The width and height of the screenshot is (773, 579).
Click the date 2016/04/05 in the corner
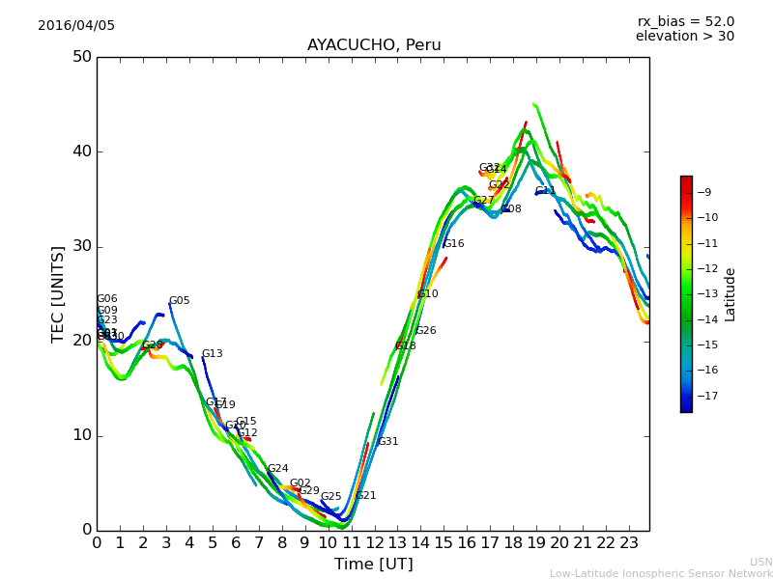pyautogui.click(x=76, y=26)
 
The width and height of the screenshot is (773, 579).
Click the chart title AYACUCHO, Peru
pyautogui.click(x=374, y=45)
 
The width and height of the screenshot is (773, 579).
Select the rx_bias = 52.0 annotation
pyautogui.click(x=685, y=22)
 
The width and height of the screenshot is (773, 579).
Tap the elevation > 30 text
pyautogui.click(x=684, y=37)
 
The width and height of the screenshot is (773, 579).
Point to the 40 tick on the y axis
pyautogui.click(x=81, y=152)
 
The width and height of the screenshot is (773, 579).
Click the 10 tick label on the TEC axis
pyautogui.click(x=81, y=435)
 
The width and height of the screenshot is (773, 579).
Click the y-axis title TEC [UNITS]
pyautogui.click(x=58, y=293)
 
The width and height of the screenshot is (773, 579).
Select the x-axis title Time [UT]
pyautogui.click(x=373, y=565)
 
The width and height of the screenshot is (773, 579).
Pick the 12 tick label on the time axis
pyautogui.click(x=374, y=543)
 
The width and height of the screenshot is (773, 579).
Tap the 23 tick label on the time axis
pyautogui.click(x=629, y=543)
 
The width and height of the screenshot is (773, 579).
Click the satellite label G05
pyautogui.click(x=179, y=301)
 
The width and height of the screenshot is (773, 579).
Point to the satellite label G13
pyautogui.click(x=212, y=354)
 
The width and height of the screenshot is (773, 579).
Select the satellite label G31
pyautogui.click(x=387, y=442)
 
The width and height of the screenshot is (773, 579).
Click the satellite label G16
pyautogui.click(x=453, y=244)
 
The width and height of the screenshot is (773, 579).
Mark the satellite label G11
pyautogui.click(x=546, y=191)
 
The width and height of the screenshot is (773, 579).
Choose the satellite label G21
pyautogui.click(x=365, y=496)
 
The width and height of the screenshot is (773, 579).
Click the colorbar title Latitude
pyautogui.click(x=730, y=294)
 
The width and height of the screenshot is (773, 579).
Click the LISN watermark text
pyautogui.click(x=760, y=562)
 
